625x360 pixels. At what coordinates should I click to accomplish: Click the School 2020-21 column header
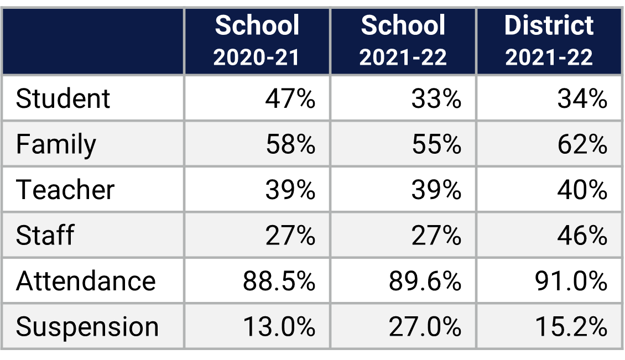coord(257,41)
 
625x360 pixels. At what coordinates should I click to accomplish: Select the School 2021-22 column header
coord(403,41)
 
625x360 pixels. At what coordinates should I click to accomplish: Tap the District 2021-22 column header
coord(549,41)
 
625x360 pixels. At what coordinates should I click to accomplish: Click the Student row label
coord(63,99)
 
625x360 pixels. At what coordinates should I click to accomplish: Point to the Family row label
coord(56,145)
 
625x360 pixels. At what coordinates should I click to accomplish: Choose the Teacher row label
coord(65,190)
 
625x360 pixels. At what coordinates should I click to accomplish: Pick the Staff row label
coord(45,236)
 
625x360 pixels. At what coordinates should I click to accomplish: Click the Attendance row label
coord(86,281)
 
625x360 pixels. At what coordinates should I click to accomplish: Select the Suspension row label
coord(87,327)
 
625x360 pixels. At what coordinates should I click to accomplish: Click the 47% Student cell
coord(290,99)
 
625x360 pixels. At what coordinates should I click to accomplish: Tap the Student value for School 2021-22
coord(436,99)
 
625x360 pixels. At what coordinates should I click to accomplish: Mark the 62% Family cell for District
coord(582,145)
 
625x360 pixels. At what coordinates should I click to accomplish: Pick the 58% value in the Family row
coord(290,145)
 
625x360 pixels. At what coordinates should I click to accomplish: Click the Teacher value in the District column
coord(582,190)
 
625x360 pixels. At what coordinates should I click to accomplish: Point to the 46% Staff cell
coord(582,236)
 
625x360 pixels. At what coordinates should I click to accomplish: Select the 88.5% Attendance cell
coord(279,281)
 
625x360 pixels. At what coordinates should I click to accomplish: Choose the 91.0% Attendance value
coord(571,281)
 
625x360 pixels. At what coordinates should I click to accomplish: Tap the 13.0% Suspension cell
coord(279,327)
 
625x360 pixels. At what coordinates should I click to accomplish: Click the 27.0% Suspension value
coord(425,327)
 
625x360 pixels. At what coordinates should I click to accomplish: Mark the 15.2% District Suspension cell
coord(571,327)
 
